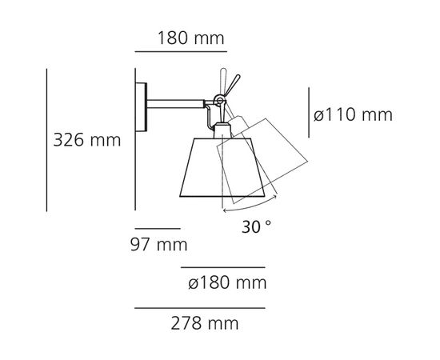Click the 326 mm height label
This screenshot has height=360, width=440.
(86, 141)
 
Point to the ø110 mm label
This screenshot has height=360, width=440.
(353, 114)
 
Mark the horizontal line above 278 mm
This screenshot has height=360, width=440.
(199, 308)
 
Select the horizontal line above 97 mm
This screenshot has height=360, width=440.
(157, 228)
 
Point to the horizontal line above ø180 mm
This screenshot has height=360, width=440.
(223, 267)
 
